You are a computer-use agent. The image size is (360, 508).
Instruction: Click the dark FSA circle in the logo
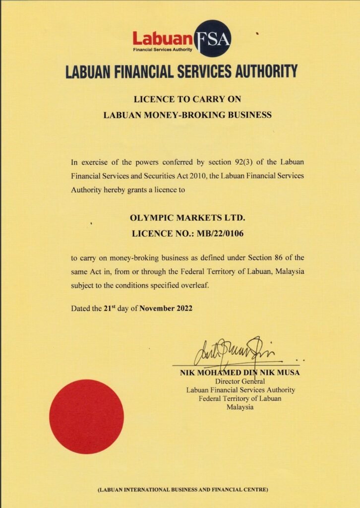[213, 38]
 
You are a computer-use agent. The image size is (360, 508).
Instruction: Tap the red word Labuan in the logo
[162, 38]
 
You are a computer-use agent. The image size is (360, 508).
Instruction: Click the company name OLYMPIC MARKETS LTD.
[187, 218]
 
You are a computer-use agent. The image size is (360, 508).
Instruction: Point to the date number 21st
[110, 308]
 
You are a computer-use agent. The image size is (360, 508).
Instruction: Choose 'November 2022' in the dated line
[166, 308]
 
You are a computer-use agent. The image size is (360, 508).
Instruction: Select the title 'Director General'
[240, 381]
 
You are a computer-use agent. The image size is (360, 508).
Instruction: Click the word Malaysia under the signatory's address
[240, 407]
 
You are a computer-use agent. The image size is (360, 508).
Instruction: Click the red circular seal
[86, 417]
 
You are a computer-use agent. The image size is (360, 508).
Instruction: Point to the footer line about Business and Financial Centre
[183, 490]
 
